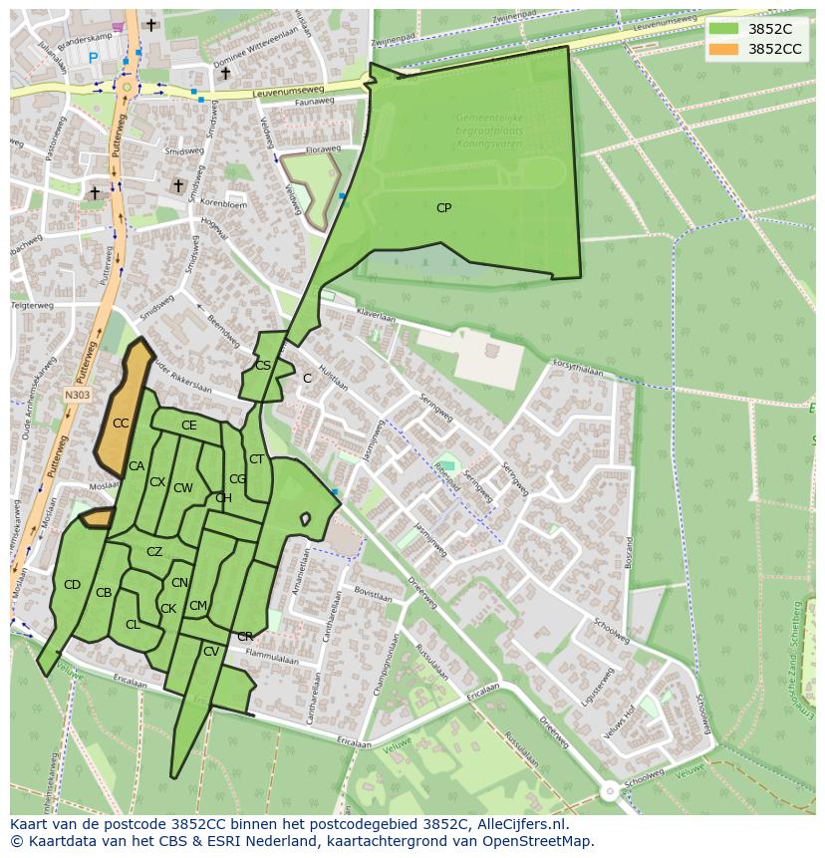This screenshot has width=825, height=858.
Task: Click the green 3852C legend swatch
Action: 724,29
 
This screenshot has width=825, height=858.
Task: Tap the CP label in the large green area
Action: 443,208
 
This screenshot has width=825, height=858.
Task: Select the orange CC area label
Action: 121,424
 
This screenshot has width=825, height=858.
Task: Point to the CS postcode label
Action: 263,366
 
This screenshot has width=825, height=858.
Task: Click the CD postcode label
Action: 72,585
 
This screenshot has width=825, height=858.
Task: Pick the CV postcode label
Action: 210,652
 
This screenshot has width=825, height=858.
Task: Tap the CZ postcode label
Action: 154,552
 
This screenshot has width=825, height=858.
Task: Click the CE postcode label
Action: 188,426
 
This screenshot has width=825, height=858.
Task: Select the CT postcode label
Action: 256,459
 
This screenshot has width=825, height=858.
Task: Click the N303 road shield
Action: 77,396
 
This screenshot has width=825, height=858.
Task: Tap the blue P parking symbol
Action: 94,59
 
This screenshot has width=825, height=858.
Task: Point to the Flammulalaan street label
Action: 272,659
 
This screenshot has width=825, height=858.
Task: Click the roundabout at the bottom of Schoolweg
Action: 609,791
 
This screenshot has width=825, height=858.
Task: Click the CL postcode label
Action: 133,625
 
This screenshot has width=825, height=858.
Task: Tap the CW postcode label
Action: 182,488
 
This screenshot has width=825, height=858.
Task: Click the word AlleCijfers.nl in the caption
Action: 518,824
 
